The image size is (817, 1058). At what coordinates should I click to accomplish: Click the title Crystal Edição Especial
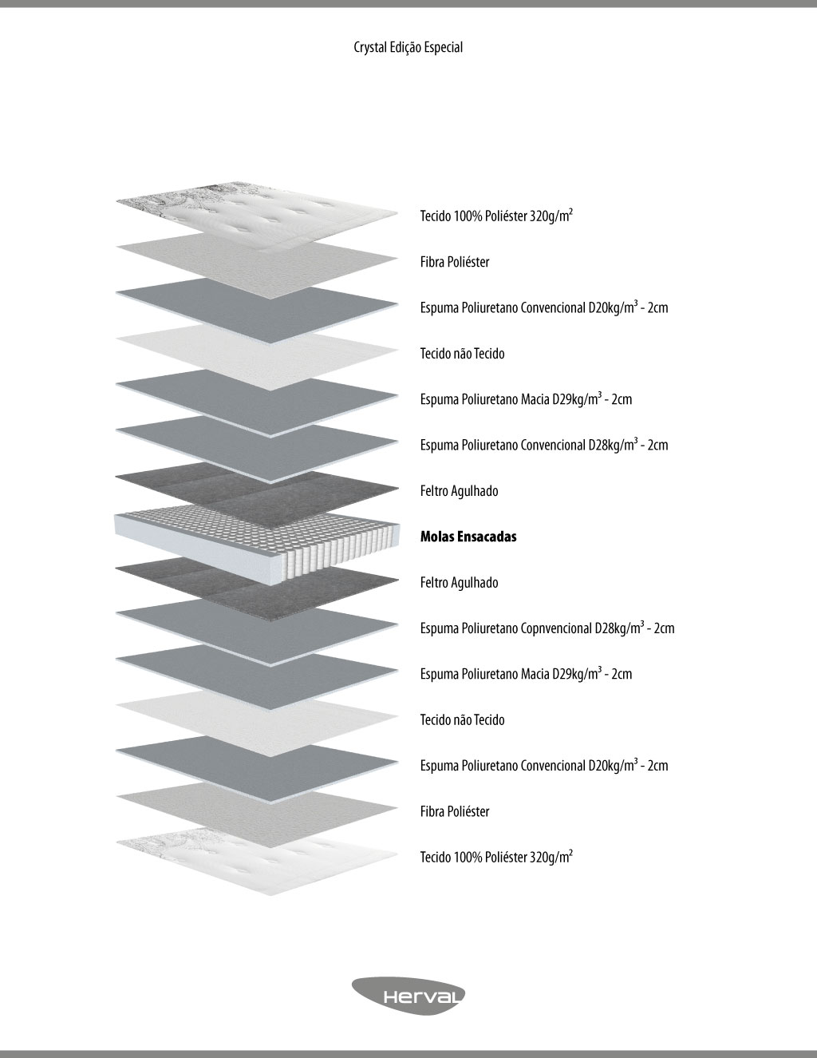pyautogui.click(x=408, y=47)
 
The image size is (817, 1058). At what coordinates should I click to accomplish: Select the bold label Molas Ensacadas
pyautogui.click(x=468, y=537)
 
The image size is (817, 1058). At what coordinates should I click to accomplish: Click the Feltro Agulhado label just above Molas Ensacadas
pyautogui.click(x=459, y=491)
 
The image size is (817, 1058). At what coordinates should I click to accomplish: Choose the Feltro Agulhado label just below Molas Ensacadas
pyautogui.click(x=459, y=583)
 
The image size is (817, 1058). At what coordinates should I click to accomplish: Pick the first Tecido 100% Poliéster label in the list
pyautogui.click(x=496, y=216)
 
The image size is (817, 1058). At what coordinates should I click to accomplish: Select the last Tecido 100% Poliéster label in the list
pyautogui.click(x=496, y=858)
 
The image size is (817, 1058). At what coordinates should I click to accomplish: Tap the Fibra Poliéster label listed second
pyautogui.click(x=455, y=262)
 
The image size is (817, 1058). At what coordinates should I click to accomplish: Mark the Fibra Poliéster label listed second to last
pyautogui.click(x=455, y=812)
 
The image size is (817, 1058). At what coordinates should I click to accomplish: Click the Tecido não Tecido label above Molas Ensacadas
pyautogui.click(x=462, y=354)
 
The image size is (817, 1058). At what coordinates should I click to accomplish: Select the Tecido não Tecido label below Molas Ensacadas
pyautogui.click(x=462, y=720)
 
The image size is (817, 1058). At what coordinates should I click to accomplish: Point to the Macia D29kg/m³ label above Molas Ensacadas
pyautogui.click(x=526, y=399)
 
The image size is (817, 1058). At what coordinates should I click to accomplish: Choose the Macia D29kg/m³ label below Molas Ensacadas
pyautogui.click(x=526, y=674)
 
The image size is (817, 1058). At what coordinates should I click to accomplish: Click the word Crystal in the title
pyautogui.click(x=369, y=47)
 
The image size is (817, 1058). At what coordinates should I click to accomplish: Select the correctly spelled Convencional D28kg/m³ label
pyautogui.click(x=544, y=445)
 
